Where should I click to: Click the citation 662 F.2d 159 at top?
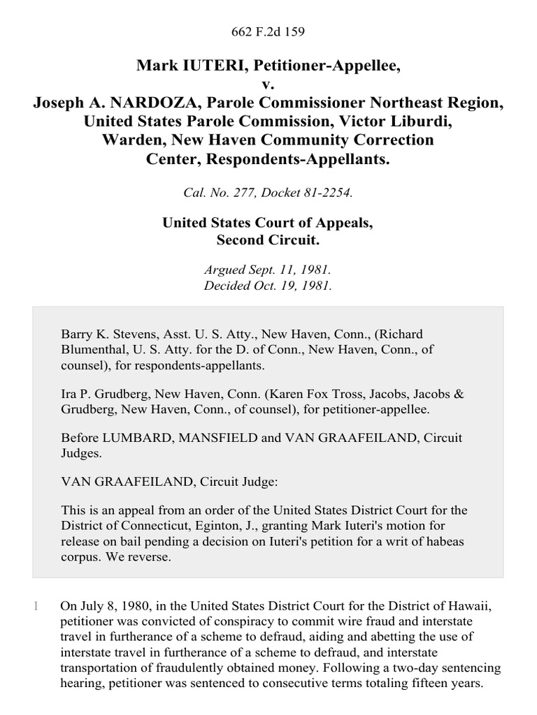pos(268,31)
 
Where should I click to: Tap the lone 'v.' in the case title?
pos(268,84)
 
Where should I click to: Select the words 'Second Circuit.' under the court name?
pos(268,240)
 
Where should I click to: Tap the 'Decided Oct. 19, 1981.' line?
pos(268,286)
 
